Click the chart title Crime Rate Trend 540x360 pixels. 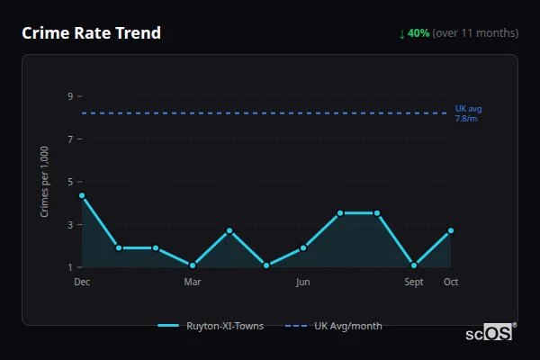(91, 33)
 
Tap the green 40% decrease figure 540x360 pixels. (415, 33)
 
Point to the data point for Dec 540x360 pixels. (82, 195)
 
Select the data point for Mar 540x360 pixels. (193, 265)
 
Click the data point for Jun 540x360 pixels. (303, 247)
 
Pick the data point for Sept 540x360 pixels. (414, 265)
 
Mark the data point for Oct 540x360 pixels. (451, 230)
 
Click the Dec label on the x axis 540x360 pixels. (82, 282)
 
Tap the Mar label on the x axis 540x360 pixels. (193, 282)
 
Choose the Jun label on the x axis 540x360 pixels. (303, 282)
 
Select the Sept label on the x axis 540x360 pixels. (414, 282)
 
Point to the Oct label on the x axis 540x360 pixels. (451, 282)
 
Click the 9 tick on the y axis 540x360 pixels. (69, 96)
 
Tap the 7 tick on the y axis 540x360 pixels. (69, 139)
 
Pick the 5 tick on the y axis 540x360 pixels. (69, 182)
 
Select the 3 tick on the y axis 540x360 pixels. (69, 224)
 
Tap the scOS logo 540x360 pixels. (489, 333)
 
